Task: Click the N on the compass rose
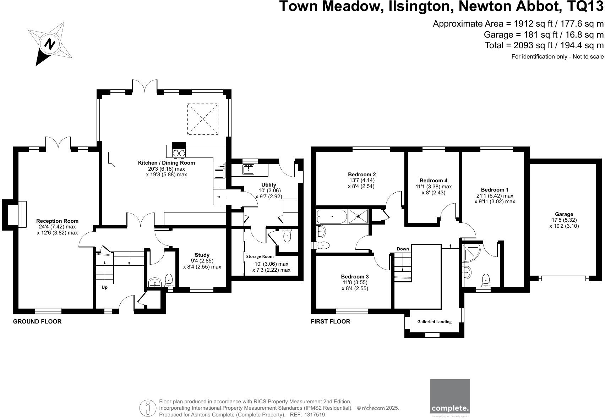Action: (50, 44)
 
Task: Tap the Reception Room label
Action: (57, 221)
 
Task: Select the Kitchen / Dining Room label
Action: (167, 163)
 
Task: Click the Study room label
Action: (202, 255)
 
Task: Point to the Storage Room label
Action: (260, 256)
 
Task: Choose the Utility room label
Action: (269, 185)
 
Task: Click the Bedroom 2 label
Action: (362, 175)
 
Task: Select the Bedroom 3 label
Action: (355, 277)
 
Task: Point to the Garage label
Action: (564, 214)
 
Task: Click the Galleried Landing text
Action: (434, 322)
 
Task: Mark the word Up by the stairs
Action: (104, 287)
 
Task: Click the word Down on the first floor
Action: (403, 249)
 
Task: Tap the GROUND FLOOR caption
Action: (37, 322)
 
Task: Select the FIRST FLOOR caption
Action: (330, 322)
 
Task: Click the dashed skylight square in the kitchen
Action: (203, 119)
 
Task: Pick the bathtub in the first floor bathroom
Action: (332, 216)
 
